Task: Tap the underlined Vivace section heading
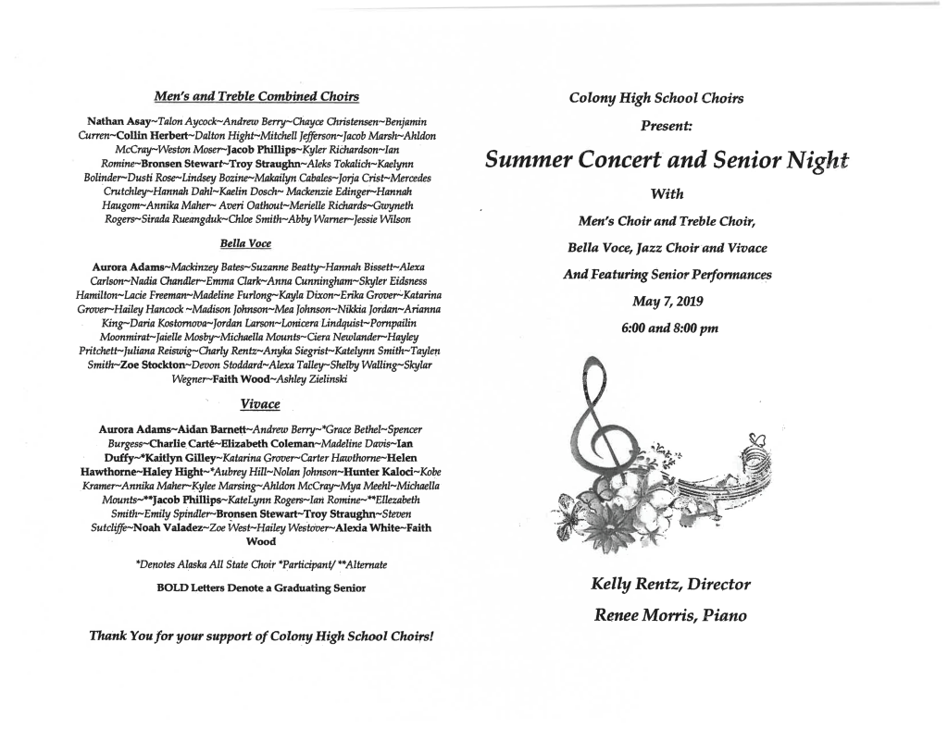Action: tap(259, 404)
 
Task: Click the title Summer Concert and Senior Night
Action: tap(667, 161)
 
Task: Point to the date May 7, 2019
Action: tap(666, 302)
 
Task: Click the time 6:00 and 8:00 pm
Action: tap(666, 327)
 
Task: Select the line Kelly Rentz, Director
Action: tap(669, 584)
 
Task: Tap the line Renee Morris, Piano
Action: tap(669, 615)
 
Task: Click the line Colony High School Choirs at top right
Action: tap(666, 97)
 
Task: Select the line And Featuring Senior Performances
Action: tap(667, 274)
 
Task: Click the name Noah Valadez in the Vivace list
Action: tap(140, 526)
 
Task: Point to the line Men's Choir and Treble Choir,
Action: tap(666, 220)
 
